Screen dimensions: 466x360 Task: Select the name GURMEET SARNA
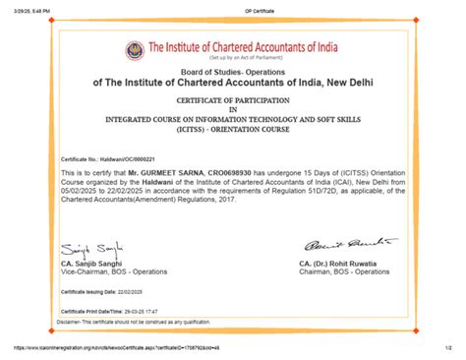coord(190,173)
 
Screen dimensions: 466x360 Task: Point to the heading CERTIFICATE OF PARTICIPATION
coord(232,101)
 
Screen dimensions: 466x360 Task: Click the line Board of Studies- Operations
coord(232,72)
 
